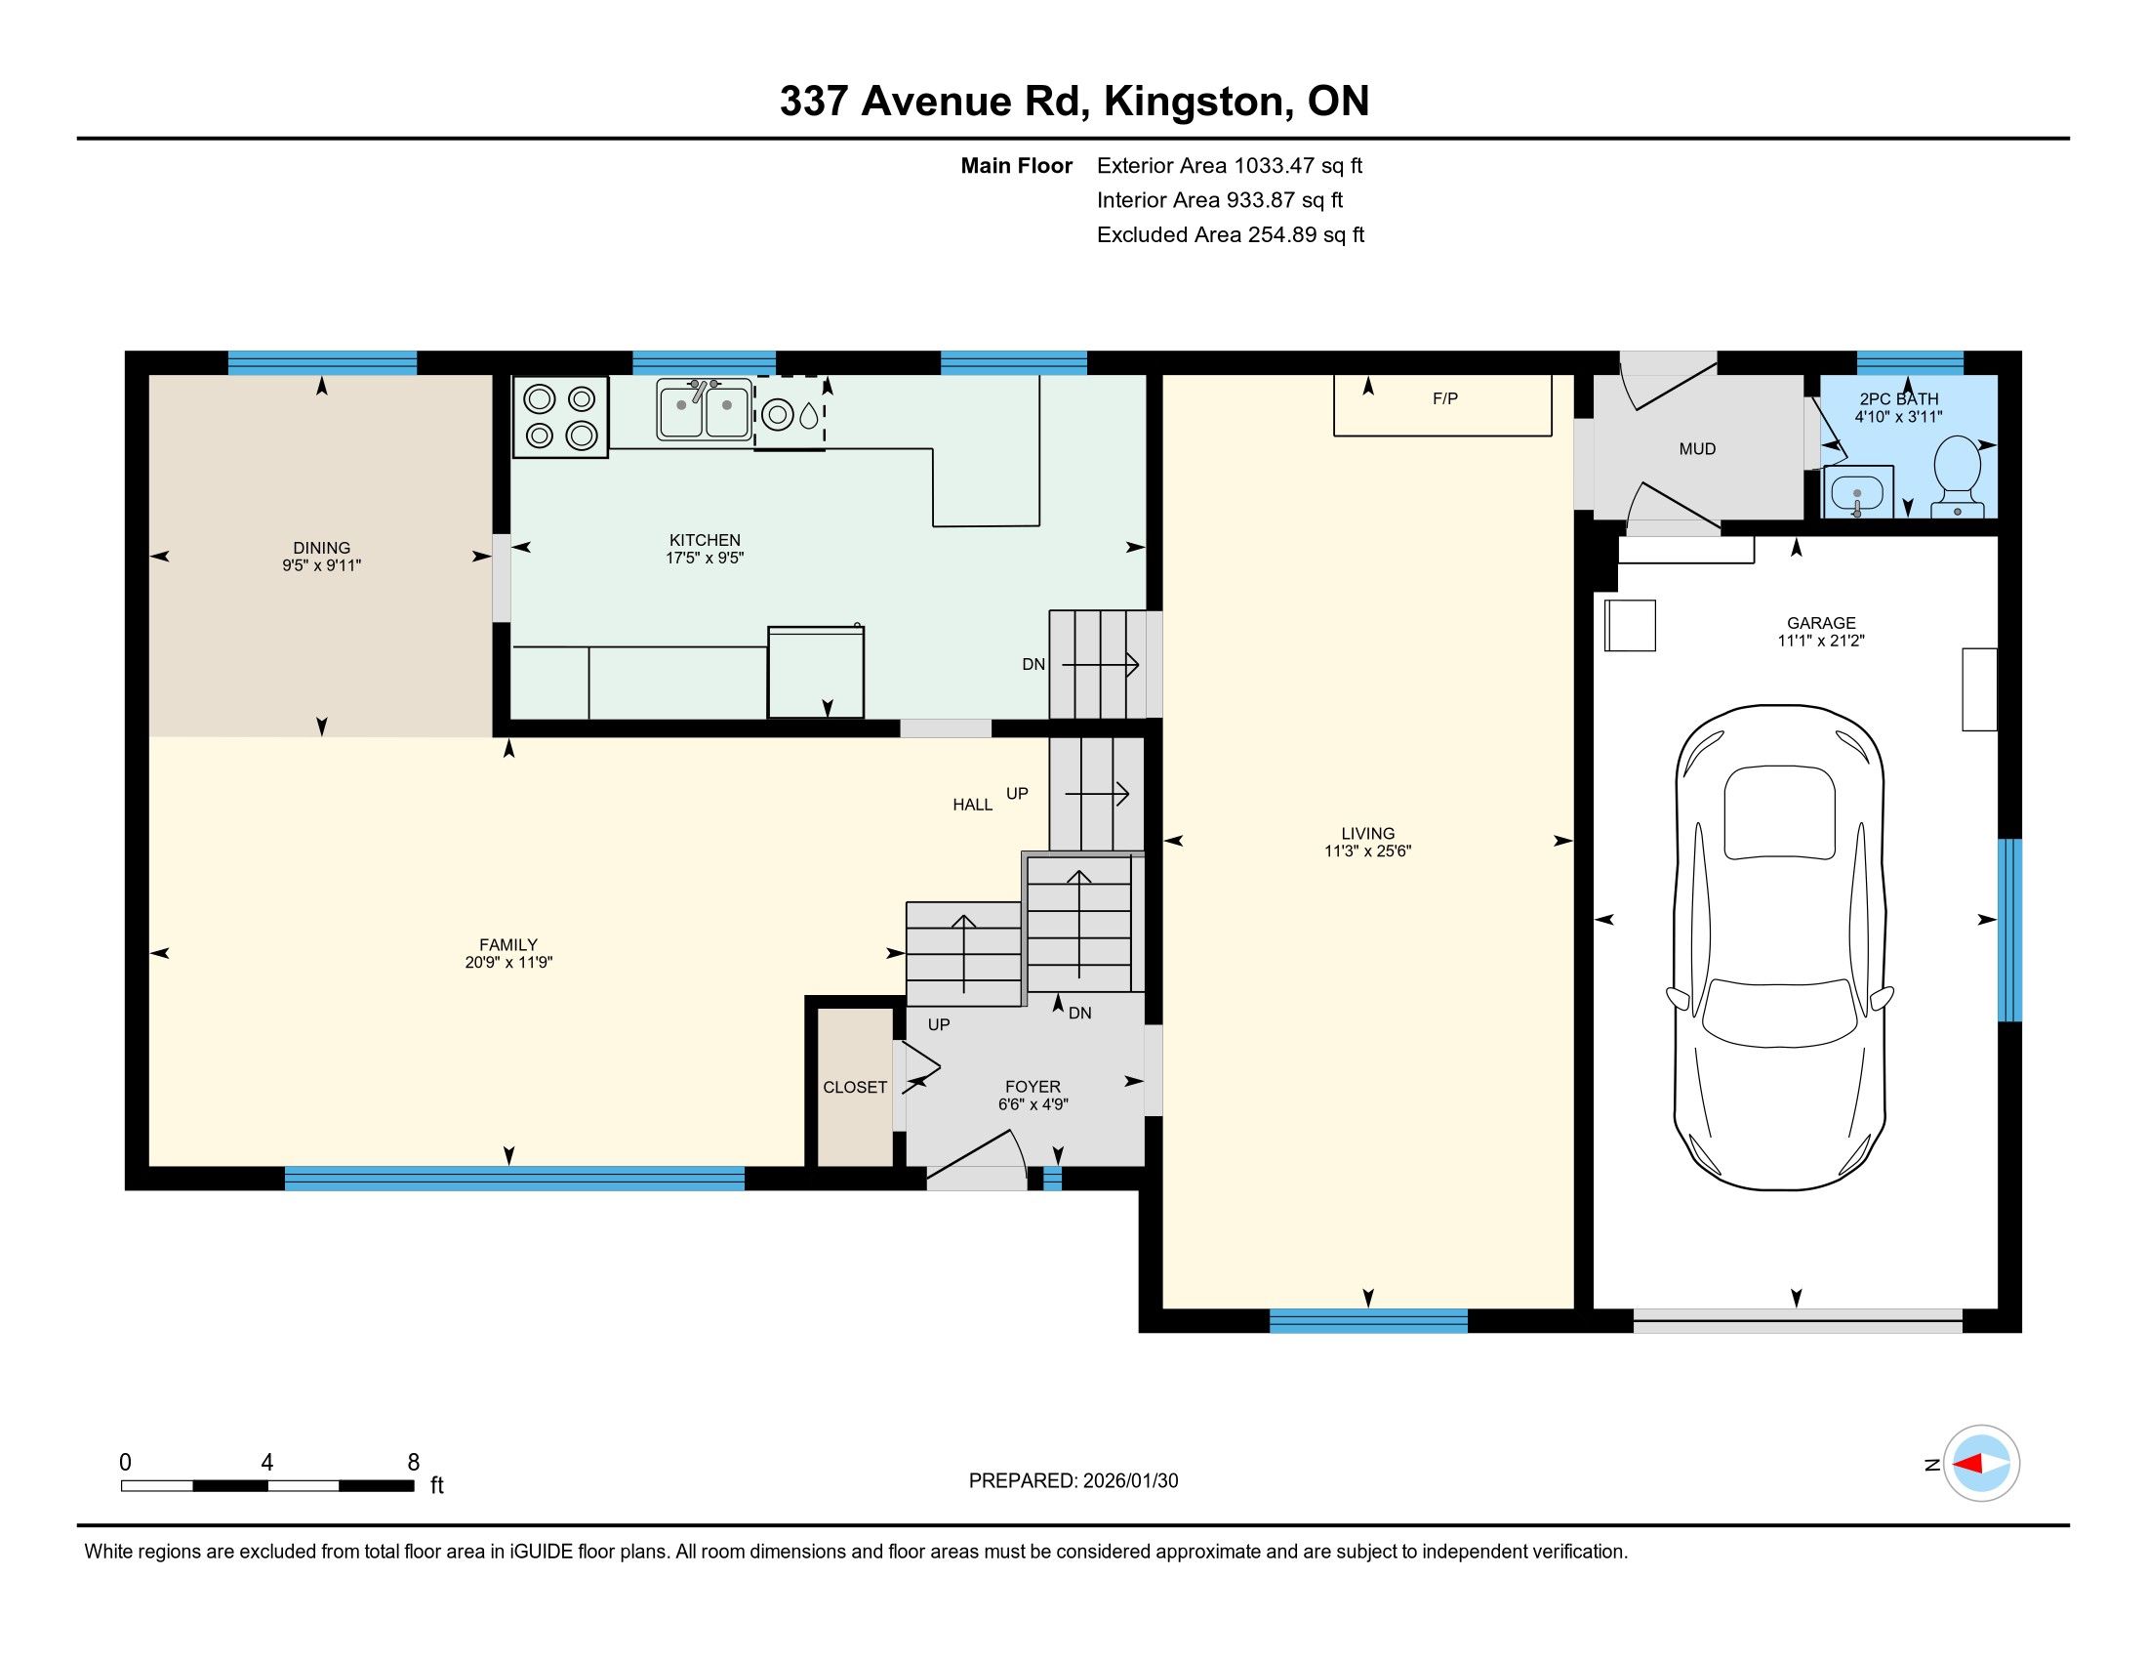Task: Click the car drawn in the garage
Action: click(1779, 947)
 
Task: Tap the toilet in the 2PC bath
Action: click(1957, 477)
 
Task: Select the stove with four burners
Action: click(560, 416)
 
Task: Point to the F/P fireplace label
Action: click(1445, 398)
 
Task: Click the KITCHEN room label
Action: click(705, 540)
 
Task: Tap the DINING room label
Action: click(321, 548)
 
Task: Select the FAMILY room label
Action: click(508, 945)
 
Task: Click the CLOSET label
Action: click(855, 1087)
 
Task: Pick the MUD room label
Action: click(1698, 449)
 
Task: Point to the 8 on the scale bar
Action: click(414, 1463)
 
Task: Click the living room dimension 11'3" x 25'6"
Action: click(1367, 851)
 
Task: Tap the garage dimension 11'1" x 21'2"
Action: click(1821, 642)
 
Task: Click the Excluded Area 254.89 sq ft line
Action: click(1231, 235)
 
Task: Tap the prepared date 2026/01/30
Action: click(1130, 1481)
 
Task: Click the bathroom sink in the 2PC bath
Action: click(1858, 492)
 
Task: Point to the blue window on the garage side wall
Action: click(2010, 931)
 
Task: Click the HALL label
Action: click(972, 806)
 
